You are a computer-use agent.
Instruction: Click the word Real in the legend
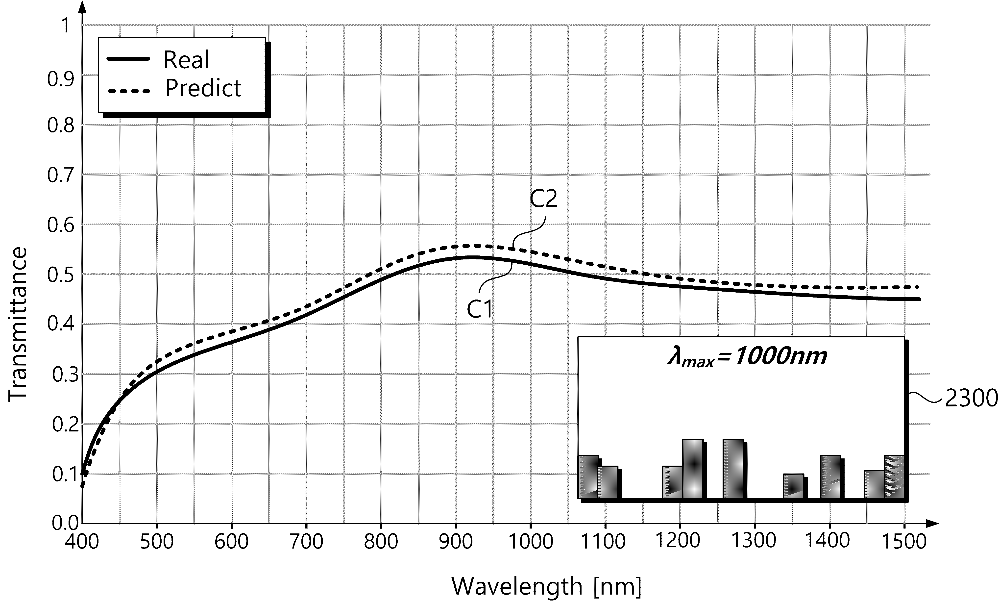click(186, 60)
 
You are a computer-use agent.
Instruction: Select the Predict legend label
click(203, 88)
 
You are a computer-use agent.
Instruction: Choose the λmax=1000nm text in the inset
click(747, 357)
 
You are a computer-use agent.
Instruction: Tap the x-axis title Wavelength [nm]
click(547, 586)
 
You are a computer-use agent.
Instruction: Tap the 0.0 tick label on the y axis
click(65, 523)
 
